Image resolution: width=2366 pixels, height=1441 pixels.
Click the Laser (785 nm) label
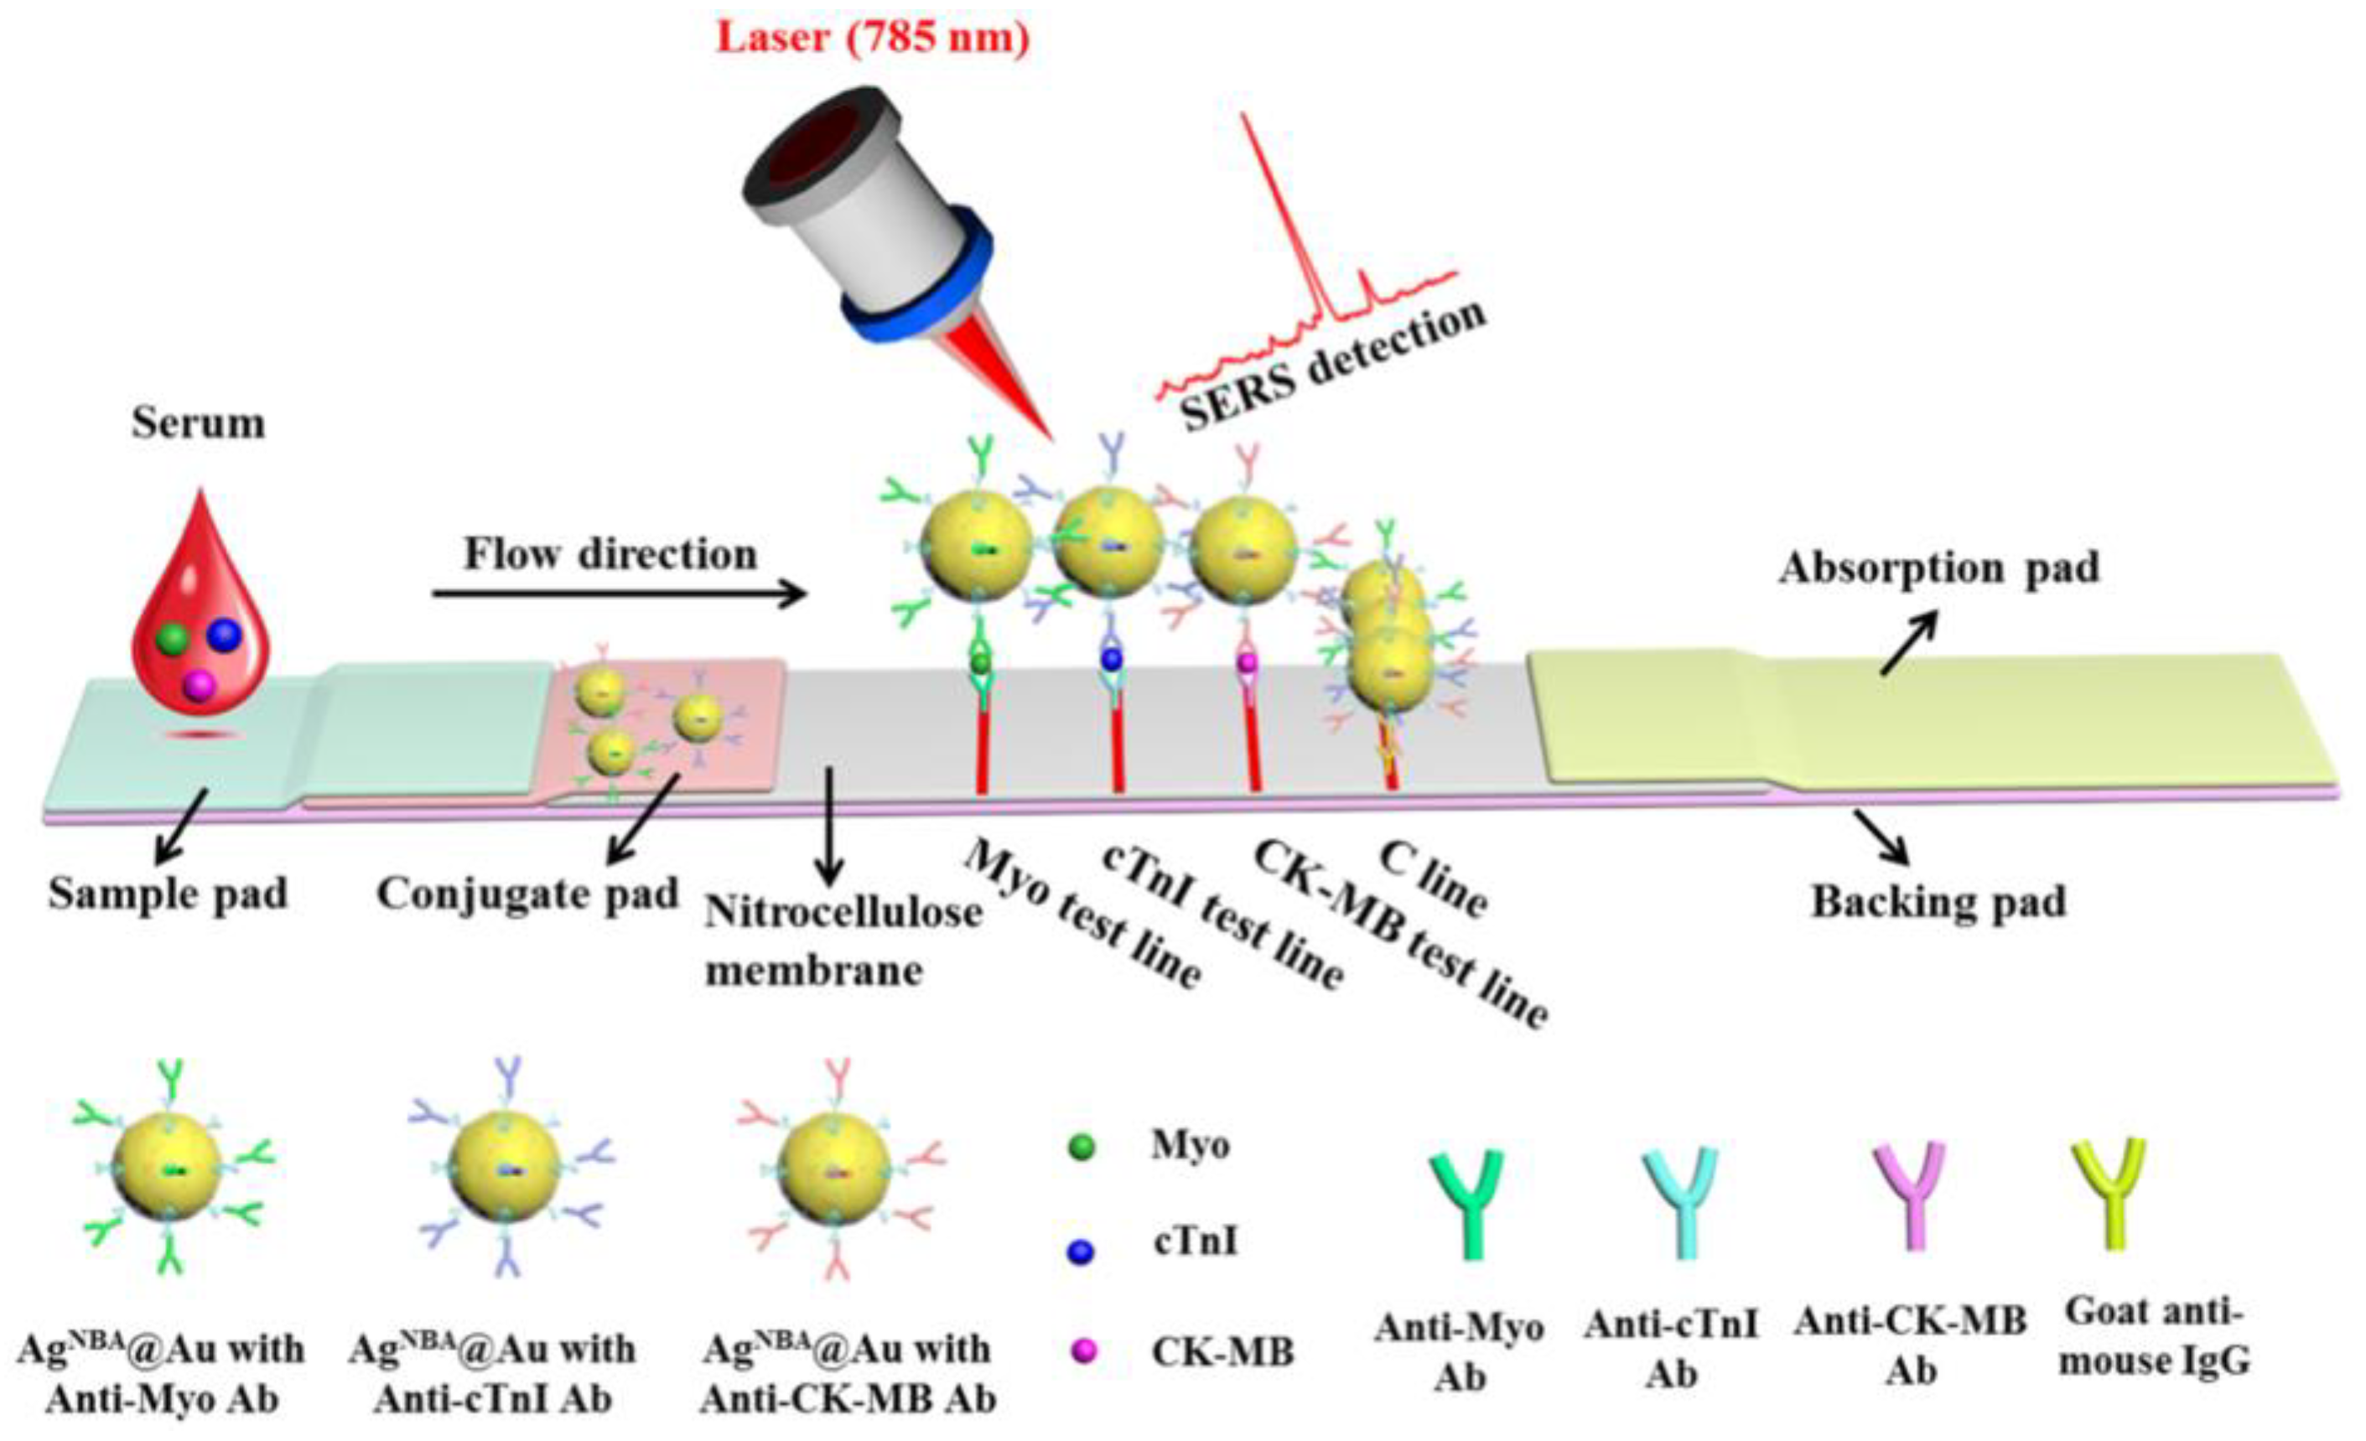[873, 39]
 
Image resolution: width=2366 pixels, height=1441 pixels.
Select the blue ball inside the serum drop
[224, 634]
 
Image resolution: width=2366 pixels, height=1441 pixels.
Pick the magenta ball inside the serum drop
[199, 685]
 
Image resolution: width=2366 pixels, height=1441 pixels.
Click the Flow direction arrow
[620, 595]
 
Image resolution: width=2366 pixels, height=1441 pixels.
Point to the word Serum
[199, 423]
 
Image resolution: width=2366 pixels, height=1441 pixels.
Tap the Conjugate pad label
[527, 894]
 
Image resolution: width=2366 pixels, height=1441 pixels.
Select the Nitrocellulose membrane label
[843, 941]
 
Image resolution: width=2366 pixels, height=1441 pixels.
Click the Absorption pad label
[1938, 568]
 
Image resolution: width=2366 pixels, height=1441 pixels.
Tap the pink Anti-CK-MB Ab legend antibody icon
[1909, 1195]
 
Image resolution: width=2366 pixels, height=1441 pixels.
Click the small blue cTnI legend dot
[1082, 1251]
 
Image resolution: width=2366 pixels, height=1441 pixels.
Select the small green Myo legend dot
[1082, 1146]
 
